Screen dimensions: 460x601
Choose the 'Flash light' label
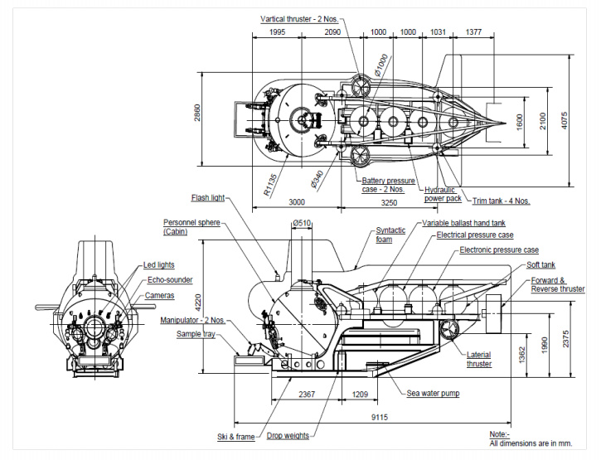(207, 198)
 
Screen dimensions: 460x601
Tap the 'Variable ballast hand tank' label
(465, 224)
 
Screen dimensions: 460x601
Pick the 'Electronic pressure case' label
(499, 249)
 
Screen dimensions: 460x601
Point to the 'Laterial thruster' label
(479, 359)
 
